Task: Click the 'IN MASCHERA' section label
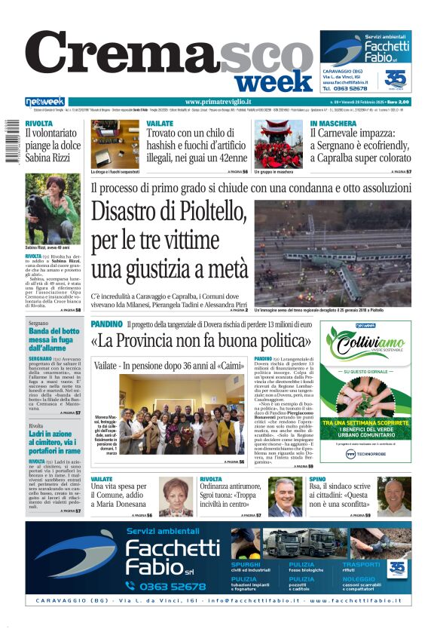333,123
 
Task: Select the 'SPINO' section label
317,479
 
